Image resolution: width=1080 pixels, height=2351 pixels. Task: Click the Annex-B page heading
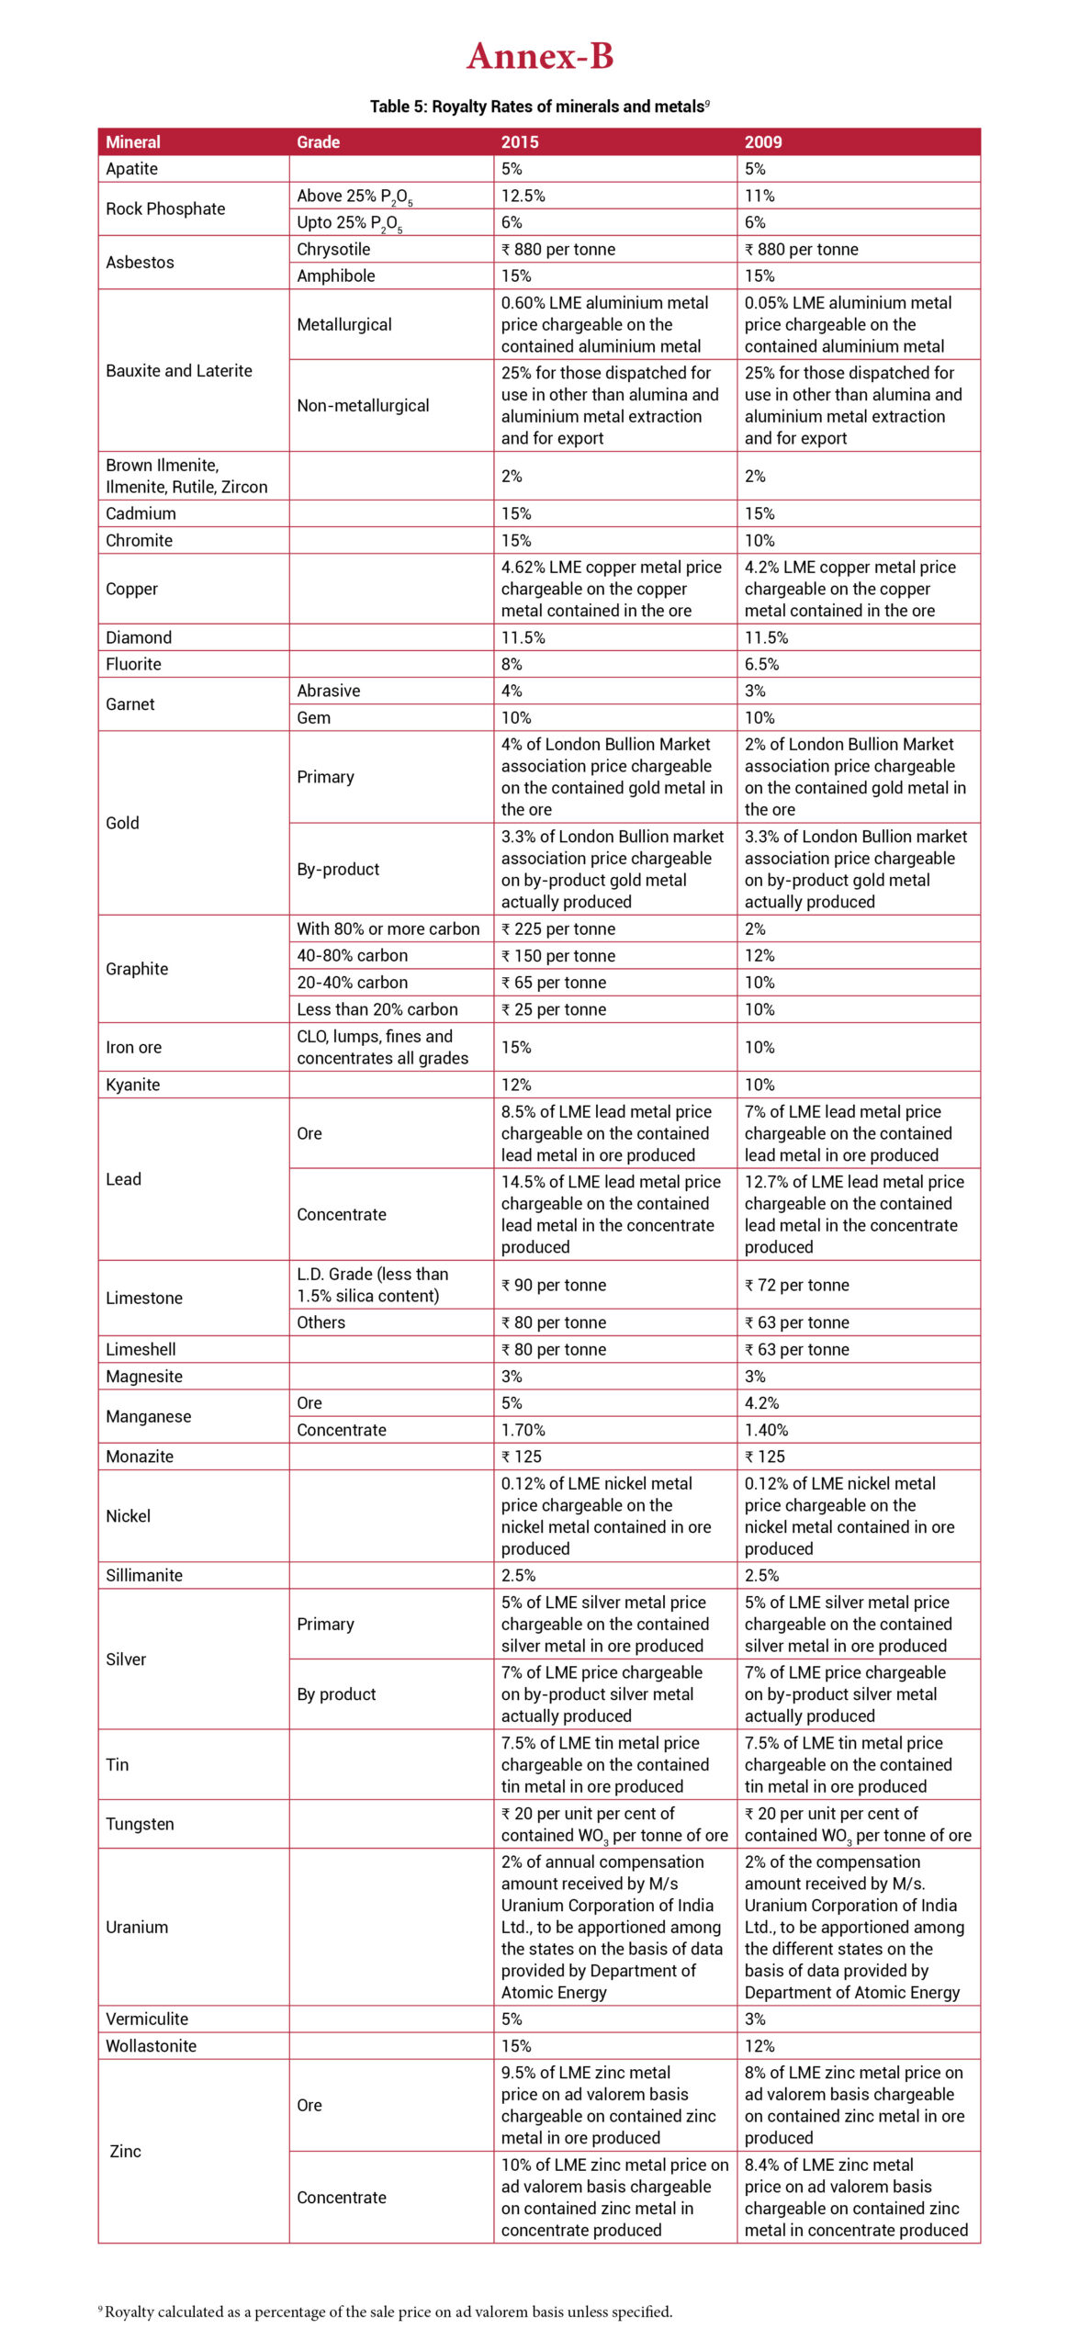point(539,57)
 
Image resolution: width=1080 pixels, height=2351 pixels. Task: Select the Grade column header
point(318,142)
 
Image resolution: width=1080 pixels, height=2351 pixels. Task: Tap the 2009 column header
point(763,142)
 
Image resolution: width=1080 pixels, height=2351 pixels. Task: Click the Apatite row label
point(131,169)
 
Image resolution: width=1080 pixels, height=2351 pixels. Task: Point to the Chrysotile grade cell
point(333,250)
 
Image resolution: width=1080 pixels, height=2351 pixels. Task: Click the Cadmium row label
point(141,514)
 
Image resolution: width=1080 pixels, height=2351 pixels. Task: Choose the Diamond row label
point(139,637)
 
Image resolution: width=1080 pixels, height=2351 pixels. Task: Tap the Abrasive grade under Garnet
point(328,691)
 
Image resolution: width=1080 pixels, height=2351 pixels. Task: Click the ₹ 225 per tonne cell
point(558,929)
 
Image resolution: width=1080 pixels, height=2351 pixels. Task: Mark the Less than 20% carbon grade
point(377,1009)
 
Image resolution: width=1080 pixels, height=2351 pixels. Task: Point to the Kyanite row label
point(132,1085)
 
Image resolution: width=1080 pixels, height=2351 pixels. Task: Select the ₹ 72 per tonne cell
point(797,1285)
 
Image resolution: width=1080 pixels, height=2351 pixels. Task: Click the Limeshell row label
point(141,1349)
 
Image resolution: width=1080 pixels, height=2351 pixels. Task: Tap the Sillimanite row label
point(144,1575)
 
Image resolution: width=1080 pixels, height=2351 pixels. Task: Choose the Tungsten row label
point(140,1824)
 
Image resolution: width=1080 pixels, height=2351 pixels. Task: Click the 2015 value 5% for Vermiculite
point(512,2019)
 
